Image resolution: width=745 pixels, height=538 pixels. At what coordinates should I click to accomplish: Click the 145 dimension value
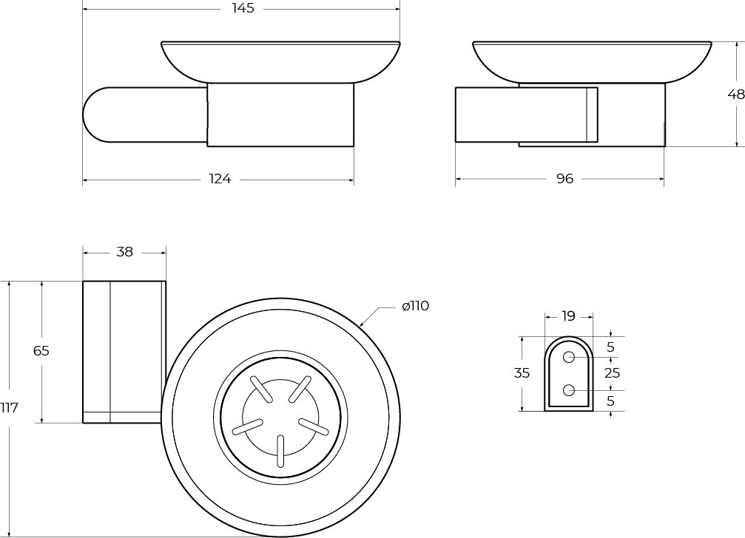point(243,8)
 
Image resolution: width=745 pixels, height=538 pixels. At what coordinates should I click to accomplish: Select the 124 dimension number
point(220,179)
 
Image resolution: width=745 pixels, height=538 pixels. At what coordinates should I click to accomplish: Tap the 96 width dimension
point(565,179)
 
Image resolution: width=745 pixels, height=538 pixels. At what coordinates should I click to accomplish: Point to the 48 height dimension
point(736,95)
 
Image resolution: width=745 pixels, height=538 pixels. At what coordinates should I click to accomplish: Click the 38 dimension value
point(124,252)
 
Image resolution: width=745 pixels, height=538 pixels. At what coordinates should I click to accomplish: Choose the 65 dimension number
point(41,351)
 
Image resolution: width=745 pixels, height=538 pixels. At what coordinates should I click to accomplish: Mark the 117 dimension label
point(9,407)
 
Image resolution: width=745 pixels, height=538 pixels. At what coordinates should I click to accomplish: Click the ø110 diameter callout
point(415,306)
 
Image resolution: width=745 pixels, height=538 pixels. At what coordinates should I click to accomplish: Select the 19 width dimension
point(568,316)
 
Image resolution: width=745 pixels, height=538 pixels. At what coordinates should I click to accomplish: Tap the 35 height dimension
point(522,373)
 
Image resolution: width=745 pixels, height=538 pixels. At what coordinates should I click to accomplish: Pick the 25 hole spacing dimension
point(612,373)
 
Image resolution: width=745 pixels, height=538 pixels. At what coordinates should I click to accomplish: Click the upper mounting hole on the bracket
point(569,357)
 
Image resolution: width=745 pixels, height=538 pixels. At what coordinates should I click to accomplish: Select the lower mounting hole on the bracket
point(569,390)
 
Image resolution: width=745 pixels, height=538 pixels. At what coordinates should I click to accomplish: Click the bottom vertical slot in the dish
point(281,452)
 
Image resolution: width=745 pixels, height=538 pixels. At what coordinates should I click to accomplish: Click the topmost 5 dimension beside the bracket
point(610,347)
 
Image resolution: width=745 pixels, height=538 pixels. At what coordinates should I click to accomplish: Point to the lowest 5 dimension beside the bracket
point(610,401)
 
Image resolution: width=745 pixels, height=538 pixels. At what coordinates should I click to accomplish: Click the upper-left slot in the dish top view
point(261,390)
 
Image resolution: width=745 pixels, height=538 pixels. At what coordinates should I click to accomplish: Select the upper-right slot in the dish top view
point(300,389)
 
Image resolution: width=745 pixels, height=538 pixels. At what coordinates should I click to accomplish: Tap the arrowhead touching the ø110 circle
point(362,324)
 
